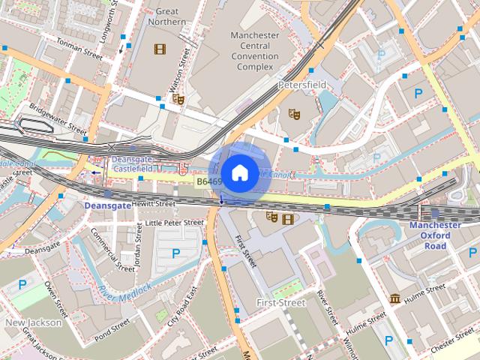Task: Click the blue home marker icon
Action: (x=238, y=173)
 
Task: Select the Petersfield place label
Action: (x=302, y=85)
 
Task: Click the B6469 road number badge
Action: (x=209, y=182)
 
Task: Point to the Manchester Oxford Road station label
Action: (x=435, y=235)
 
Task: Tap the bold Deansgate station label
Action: (x=107, y=205)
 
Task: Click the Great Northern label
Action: (x=167, y=16)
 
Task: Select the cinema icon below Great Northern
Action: (x=159, y=49)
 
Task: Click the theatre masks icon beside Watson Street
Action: (x=178, y=98)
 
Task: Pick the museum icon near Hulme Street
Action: (x=394, y=299)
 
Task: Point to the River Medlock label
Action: (x=124, y=289)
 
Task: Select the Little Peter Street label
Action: (x=174, y=223)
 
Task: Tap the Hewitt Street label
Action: (x=154, y=203)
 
